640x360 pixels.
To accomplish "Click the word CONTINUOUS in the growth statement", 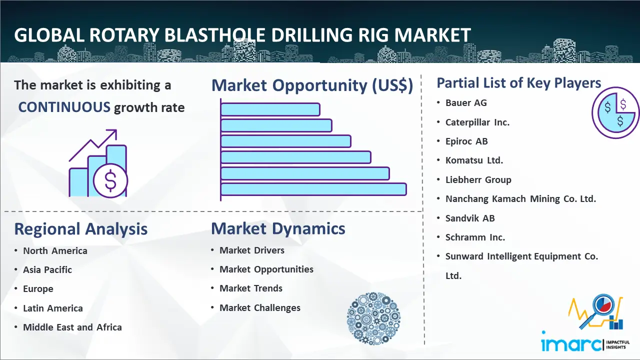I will click(x=64, y=107).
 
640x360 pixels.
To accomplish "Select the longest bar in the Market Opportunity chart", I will click(x=313, y=189).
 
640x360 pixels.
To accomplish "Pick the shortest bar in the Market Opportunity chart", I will click(x=270, y=109).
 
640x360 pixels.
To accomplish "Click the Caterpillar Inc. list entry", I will click(x=477, y=122).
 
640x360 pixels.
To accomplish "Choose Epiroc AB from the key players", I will click(x=466, y=141).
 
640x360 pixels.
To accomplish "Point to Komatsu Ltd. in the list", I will click(x=474, y=160).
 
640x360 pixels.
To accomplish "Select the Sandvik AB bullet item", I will click(x=469, y=218).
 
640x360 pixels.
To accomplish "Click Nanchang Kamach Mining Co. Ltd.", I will click(x=520, y=198).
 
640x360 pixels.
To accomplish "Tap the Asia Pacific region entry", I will click(x=47, y=269).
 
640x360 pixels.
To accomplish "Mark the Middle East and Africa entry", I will click(x=72, y=327).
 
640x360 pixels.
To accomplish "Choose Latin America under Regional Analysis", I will click(x=52, y=308).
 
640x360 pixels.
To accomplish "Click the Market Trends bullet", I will click(x=251, y=288).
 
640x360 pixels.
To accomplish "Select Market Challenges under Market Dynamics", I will click(x=260, y=308).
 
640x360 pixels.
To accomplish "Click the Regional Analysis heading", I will click(x=80, y=229).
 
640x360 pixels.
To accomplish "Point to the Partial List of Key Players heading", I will click(x=518, y=82).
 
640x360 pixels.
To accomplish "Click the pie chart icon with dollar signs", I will click(x=615, y=113).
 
